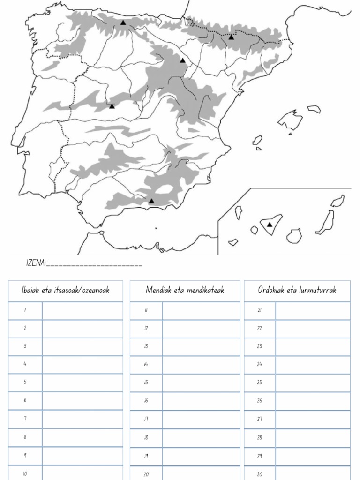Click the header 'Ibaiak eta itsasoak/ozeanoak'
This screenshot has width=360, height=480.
point(66,290)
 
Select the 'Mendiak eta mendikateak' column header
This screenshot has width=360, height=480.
point(185,290)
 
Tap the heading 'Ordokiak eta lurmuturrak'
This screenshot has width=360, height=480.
point(297,290)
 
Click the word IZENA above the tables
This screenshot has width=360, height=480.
point(35,263)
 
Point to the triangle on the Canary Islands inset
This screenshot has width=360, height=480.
point(270,225)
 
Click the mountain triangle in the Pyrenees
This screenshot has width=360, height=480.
point(231,37)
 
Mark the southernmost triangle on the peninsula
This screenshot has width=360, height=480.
point(151,201)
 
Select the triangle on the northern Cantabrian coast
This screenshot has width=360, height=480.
point(123,22)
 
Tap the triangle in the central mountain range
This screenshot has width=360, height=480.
point(112,106)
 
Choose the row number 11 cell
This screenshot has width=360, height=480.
point(146,310)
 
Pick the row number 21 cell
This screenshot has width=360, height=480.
point(259,310)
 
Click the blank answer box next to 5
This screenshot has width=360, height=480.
point(82,382)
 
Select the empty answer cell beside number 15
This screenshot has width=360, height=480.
point(201,382)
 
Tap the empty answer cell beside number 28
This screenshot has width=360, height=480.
point(313,437)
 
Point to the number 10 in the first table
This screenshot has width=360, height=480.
point(25,473)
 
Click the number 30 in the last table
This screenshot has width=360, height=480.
point(259,474)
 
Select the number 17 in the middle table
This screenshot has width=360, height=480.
point(146,419)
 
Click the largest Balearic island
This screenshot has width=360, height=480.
point(290,120)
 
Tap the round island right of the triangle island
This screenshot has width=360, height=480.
point(294,236)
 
